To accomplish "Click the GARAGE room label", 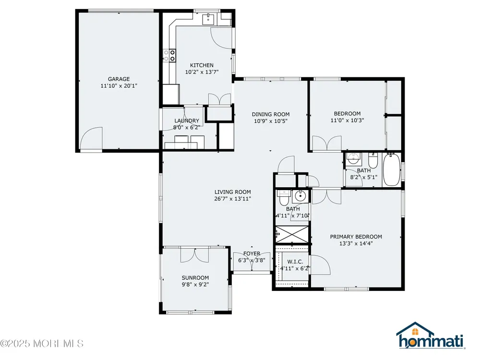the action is (119, 79).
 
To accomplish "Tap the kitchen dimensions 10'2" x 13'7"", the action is (202, 72).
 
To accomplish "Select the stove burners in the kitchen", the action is (169, 55).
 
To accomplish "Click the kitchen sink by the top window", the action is (208, 19).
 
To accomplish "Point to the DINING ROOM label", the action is (271, 114).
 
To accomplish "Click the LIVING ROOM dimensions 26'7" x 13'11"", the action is (233, 199).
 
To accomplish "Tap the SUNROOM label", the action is (195, 277).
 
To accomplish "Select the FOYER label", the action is (252, 253).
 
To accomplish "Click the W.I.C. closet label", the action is (295, 262).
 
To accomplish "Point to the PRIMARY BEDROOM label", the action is (356, 237).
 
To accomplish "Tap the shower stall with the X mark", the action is (292, 235).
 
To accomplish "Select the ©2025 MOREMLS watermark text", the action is (42, 344).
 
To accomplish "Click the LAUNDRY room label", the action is (187, 120).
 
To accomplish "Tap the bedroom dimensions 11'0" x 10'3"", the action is (347, 120).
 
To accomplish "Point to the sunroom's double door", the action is (195, 255).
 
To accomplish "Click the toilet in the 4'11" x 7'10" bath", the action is (284, 198).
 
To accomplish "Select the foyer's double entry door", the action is (252, 262).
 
